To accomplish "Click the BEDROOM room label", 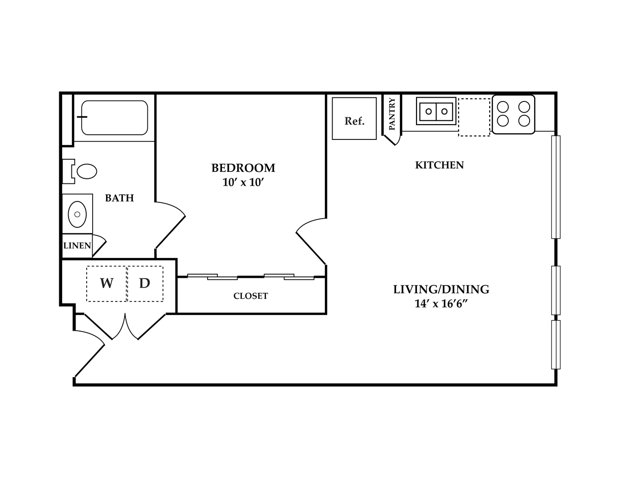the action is (243, 168).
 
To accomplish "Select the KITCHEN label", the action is (440, 165).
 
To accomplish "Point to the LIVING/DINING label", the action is (441, 289).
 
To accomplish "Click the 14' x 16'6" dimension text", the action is (441, 304).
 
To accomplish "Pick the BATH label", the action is (120, 198).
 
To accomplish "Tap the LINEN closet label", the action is (77, 245).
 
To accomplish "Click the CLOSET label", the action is (251, 296).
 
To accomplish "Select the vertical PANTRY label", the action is (392, 114).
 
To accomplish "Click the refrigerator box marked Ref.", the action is (354, 119).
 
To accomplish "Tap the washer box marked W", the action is (107, 283).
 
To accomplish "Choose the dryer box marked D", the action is (145, 283).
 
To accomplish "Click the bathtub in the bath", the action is (114, 118).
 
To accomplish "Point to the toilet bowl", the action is (87, 171).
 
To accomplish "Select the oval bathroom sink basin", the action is (77, 214).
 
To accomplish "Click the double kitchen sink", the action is (436, 111).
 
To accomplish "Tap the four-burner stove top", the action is (513, 114).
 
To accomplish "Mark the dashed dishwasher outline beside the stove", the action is (474, 117).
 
